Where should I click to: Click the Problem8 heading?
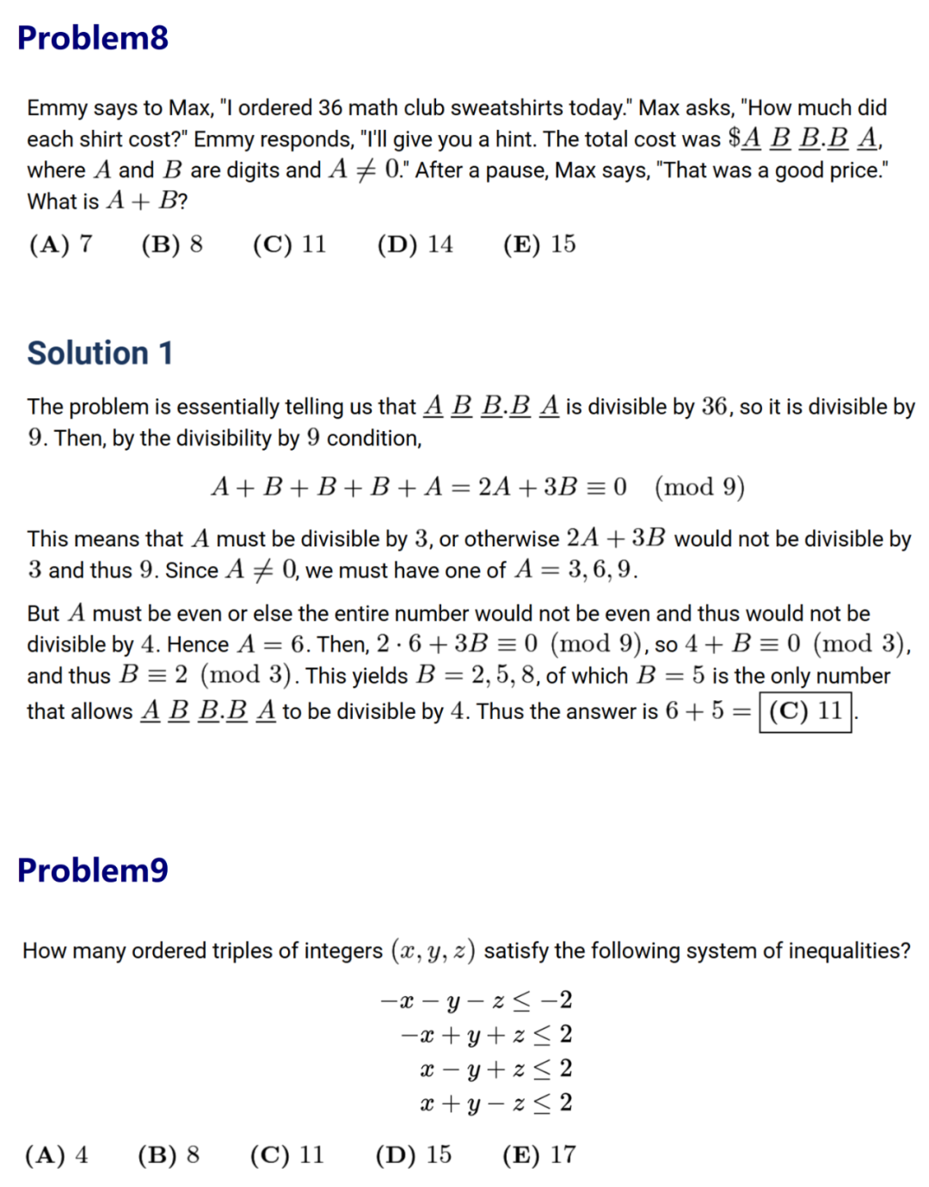click(93, 38)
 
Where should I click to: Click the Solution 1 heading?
click(100, 353)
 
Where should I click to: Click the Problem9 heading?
click(93, 870)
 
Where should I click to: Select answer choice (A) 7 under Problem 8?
click(60, 244)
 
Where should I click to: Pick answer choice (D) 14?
click(415, 244)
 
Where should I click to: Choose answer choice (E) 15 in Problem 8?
click(539, 244)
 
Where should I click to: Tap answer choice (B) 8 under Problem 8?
click(172, 244)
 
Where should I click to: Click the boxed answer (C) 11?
click(805, 711)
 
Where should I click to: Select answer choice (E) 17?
click(539, 1154)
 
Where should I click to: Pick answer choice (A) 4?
click(57, 1154)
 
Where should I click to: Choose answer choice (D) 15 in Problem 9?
click(413, 1154)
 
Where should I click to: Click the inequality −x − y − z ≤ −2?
click(477, 1000)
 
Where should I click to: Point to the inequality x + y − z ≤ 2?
click(495, 1103)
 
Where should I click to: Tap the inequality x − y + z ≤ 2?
click(495, 1068)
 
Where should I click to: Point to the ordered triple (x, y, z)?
click(434, 951)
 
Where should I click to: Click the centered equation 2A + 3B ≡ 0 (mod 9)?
click(478, 487)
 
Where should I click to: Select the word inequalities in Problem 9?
click(843, 950)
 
